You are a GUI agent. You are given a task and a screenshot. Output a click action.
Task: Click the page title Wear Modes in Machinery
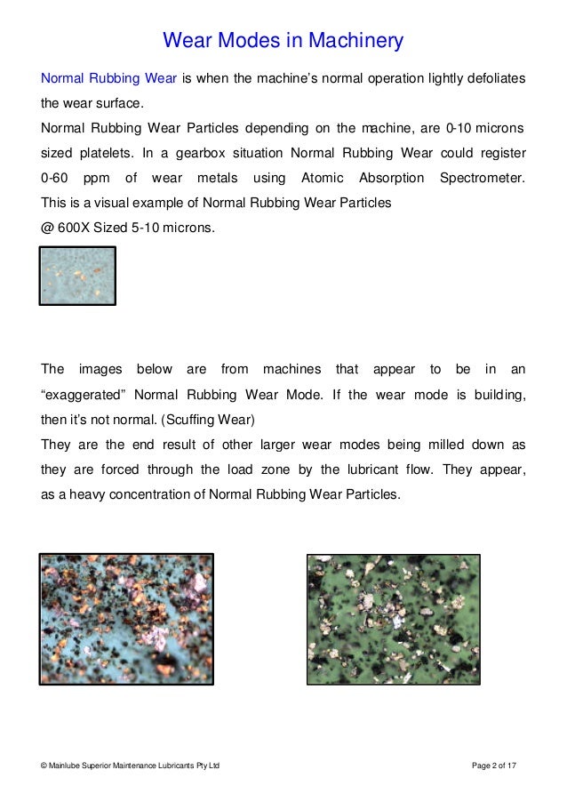click(283, 41)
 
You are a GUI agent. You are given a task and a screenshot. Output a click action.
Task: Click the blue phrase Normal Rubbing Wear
click(109, 79)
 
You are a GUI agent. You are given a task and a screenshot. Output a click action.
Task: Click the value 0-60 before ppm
click(56, 178)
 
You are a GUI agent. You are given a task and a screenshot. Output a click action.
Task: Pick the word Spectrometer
click(482, 178)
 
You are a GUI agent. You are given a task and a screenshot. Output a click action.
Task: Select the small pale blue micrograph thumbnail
click(78, 276)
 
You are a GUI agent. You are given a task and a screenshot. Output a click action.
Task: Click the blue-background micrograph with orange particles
click(127, 618)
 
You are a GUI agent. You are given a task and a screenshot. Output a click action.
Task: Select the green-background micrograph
click(393, 619)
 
